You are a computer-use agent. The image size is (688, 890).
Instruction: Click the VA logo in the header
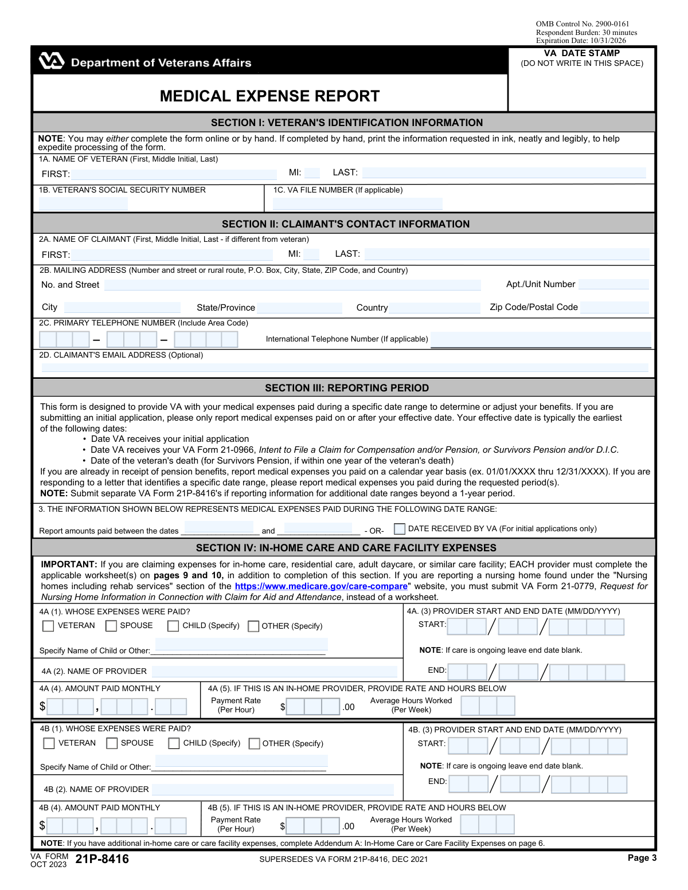[x=51, y=61]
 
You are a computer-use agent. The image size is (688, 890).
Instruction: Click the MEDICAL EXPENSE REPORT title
[x=269, y=96]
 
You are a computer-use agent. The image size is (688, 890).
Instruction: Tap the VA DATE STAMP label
[x=581, y=53]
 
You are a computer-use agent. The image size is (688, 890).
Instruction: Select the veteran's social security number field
[x=84, y=203]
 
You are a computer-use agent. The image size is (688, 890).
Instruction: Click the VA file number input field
[x=357, y=203]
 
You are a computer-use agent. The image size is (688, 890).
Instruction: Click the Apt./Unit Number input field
[x=613, y=284]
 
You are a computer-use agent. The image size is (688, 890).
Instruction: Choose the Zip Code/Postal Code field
[x=614, y=308]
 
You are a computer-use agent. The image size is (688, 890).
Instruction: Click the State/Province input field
[x=299, y=308]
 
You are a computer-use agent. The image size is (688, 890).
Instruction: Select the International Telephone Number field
[x=541, y=340]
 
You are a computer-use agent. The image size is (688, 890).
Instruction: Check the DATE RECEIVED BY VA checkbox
[x=400, y=529]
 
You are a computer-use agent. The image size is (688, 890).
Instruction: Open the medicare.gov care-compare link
[x=321, y=586]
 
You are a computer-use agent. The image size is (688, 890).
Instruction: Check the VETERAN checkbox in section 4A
[x=49, y=626]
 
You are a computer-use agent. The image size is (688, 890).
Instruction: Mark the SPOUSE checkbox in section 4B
[x=112, y=743]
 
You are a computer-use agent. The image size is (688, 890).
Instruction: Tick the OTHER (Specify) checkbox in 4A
[x=253, y=626]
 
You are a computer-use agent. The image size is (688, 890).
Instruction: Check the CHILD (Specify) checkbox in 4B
[x=174, y=743]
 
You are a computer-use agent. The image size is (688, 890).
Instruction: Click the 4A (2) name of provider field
[x=274, y=672]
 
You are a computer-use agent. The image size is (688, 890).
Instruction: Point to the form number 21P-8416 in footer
[x=102, y=859]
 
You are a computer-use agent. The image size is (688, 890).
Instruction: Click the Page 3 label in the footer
[x=642, y=858]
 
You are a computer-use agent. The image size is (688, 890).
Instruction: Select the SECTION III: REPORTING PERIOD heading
[x=346, y=388]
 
